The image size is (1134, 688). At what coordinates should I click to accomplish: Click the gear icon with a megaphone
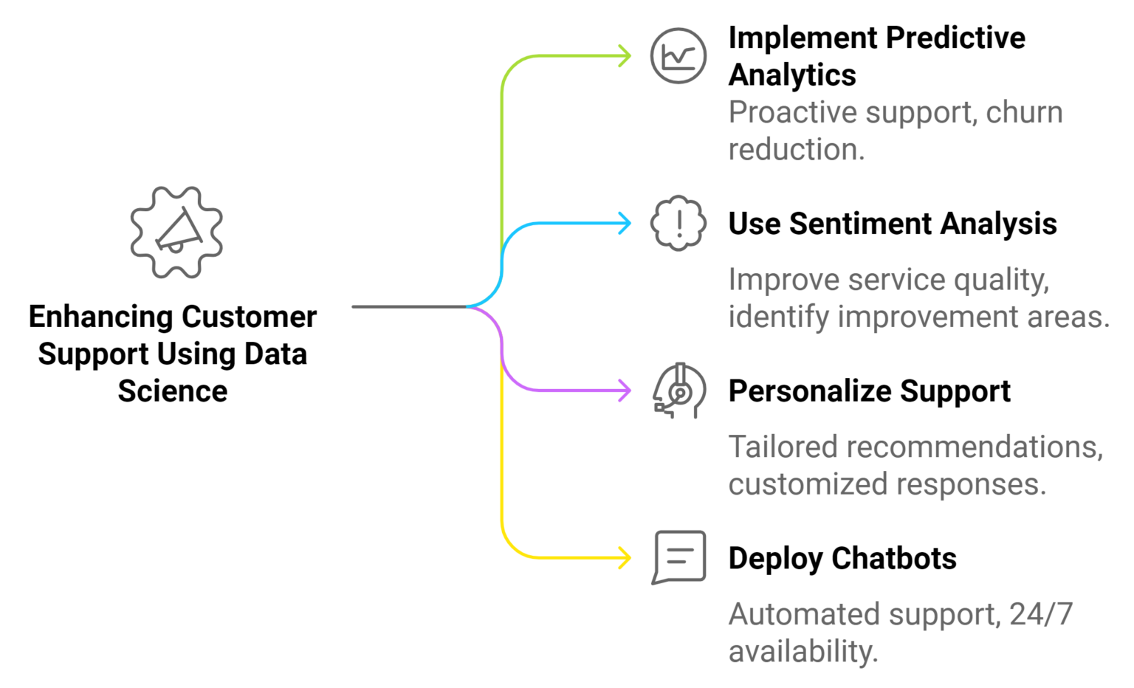click(176, 232)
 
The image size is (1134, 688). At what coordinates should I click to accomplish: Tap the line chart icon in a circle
click(678, 55)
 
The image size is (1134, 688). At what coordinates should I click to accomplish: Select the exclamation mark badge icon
click(678, 223)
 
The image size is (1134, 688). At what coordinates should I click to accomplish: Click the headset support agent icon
click(679, 391)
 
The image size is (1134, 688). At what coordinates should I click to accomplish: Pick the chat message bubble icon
click(679, 557)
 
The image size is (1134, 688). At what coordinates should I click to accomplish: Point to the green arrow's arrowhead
click(627, 56)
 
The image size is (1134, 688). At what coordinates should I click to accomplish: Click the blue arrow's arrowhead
click(627, 223)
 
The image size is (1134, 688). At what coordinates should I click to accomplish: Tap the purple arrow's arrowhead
click(627, 391)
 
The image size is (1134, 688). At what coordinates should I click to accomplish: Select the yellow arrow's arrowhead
click(627, 557)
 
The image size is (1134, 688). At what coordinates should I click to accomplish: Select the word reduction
click(795, 150)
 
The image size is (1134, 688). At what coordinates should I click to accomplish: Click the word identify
click(778, 317)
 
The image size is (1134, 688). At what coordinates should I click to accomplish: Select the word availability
click(802, 652)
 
